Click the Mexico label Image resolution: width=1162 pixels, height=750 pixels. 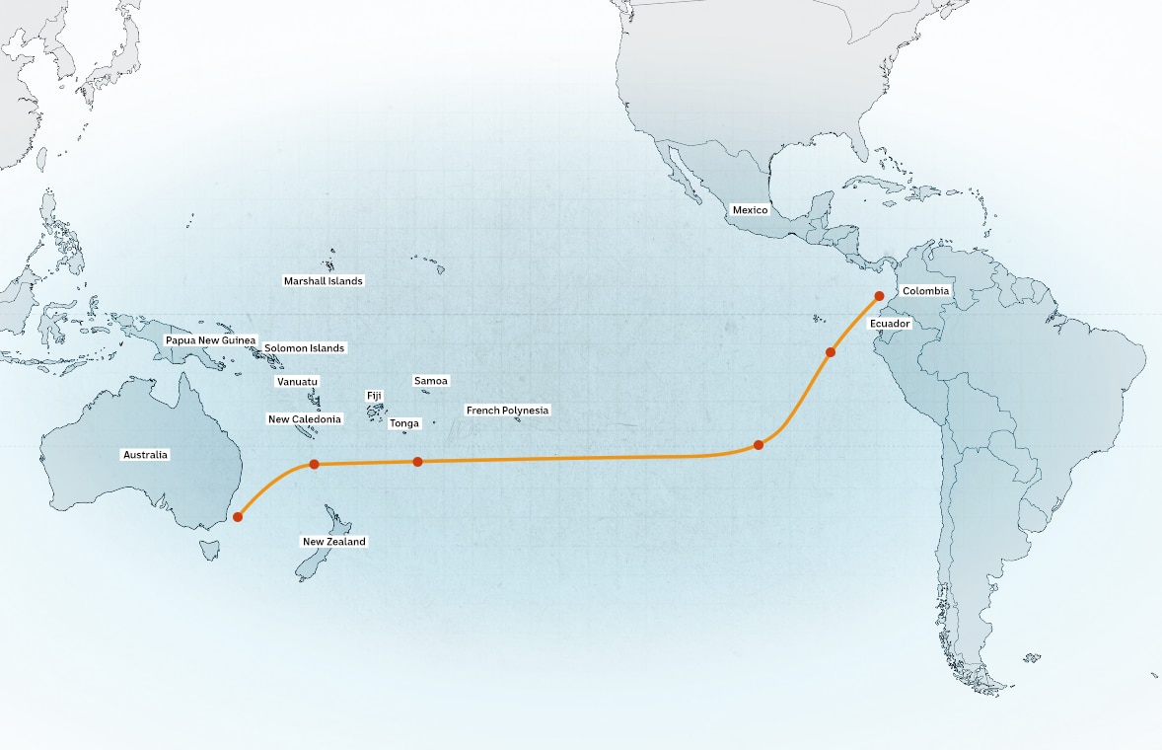coord(750,210)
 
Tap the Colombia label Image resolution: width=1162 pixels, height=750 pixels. coord(925,291)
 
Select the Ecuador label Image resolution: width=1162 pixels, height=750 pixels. coord(890,324)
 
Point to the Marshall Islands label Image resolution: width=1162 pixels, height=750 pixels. coord(323,281)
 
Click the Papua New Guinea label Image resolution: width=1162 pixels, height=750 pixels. coord(210,340)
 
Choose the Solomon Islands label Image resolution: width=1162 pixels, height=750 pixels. coord(304,348)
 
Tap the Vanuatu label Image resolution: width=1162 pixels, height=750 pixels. coord(297,381)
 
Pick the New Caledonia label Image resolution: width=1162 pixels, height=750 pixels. coord(305,419)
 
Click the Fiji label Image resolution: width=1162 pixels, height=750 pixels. coord(375,396)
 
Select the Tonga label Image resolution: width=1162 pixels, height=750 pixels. coord(404,423)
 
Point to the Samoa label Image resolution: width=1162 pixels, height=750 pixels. coord(431,381)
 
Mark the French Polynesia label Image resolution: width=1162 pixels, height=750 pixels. coord(507,410)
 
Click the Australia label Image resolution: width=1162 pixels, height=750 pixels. coord(145,455)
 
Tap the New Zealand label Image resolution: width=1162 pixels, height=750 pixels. coord(333,542)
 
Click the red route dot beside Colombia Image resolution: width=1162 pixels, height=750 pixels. coord(879,295)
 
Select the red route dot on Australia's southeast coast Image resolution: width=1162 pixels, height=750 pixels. coord(238,516)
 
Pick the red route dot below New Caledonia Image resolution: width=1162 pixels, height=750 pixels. coord(314,464)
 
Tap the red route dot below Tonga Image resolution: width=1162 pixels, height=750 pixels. coord(417,461)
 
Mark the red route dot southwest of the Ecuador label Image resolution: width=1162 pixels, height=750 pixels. coord(831,351)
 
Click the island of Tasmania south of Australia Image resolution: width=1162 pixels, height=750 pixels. coord(211,549)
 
